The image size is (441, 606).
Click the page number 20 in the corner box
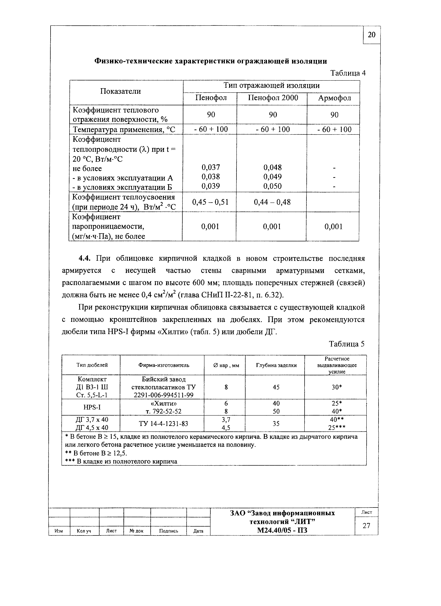[372, 35]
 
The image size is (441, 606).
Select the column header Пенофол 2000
[273, 98]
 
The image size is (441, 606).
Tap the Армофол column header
[334, 98]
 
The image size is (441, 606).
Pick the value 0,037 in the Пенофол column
[211, 167]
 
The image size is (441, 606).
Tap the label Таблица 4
[348, 73]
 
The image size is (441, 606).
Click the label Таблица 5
[347, 344]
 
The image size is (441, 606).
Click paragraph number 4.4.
[85, 258]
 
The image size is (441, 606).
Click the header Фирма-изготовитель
[164, 365]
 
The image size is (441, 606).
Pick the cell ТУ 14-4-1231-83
[163, 424]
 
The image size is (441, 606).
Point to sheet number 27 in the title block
[366, 526]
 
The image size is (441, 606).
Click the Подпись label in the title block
[168, 531]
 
